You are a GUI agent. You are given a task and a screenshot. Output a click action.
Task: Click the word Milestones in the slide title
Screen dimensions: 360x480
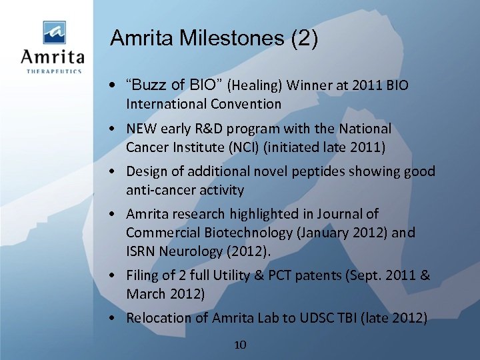click(x=228, y=38)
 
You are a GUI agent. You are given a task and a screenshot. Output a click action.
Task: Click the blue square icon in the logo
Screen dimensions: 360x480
click(x=55, y=32)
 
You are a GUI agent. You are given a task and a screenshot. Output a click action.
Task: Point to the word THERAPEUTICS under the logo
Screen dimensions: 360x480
click(x=55, y=71)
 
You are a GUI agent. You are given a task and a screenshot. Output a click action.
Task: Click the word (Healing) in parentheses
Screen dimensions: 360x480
click(x=257, y=85)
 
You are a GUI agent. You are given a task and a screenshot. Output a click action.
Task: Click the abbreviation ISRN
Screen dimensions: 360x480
click(x=143, y=251)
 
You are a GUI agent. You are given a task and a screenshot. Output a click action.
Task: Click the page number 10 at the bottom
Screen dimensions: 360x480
click(x=241, y=345)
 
